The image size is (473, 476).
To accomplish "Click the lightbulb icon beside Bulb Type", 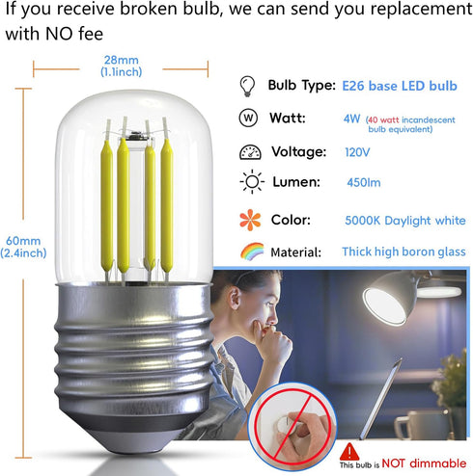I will (247, 86).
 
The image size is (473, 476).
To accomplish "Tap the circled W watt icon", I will (247, 119).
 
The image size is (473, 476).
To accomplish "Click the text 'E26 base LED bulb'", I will (400, 87).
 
